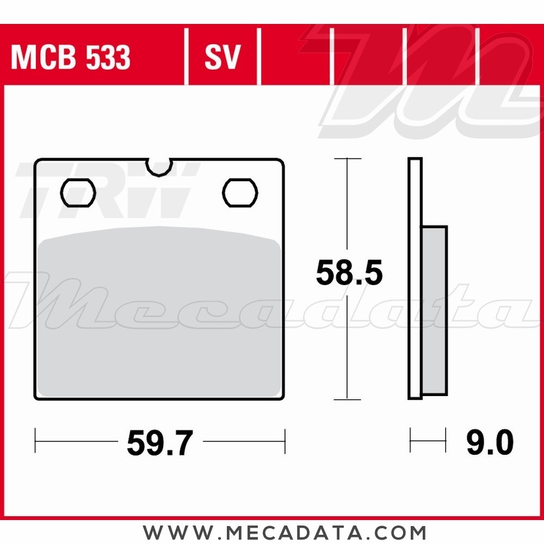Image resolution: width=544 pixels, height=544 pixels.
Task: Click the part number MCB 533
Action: (x=71, y=57)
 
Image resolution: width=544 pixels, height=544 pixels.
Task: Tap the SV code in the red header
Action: (x=222, y=57)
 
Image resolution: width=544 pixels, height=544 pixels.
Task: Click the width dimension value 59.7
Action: (x=160, y=442)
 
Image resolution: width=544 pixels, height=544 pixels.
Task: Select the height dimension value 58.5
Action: (x=349, y=274)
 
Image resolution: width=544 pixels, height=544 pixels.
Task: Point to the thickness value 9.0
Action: (x=490, y=442)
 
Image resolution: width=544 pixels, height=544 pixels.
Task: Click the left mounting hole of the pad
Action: (x=78, y=193)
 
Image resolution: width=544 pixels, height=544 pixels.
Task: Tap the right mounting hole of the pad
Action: (x=240, y=193)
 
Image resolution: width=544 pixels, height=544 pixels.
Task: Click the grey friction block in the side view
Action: (x=435, y=310)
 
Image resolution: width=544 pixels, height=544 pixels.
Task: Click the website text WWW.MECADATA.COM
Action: (x=285, y=531)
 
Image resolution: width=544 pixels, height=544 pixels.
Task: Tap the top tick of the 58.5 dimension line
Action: (x=347, y=158)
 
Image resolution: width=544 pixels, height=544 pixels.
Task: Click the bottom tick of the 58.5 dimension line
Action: (x=347, y=399)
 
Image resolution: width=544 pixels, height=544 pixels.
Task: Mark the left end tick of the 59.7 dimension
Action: (x=35, y=441)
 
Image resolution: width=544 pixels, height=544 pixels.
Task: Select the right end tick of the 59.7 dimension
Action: (x=285, y=441)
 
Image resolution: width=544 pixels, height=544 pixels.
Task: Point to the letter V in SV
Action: (x=231, y=57)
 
